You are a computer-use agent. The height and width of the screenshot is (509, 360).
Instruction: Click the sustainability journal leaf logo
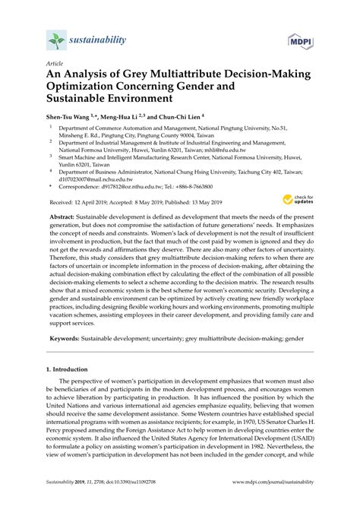pos(55,40)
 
